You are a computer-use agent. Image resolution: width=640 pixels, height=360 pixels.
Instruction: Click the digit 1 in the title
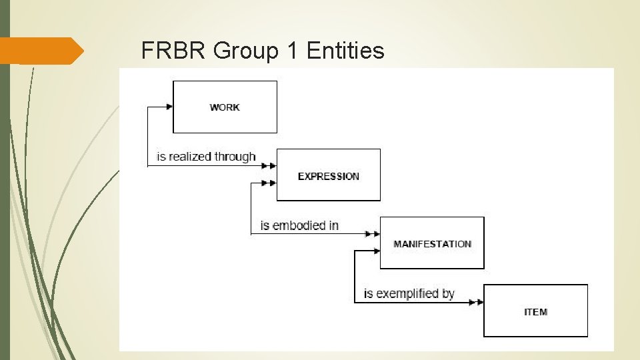pyautogui.click(x=291, y=50)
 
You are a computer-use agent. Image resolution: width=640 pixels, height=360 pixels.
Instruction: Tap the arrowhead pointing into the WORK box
pyautogui.click(x=169, y=106)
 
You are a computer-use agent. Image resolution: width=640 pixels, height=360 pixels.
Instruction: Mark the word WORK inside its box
pyautogui.click(x=225, y=107)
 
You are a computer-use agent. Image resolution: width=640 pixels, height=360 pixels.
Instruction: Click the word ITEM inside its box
pyautogui.click(x=535, y=311)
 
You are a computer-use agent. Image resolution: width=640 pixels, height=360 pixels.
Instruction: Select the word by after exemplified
pyautogui.click(x=448, y=293)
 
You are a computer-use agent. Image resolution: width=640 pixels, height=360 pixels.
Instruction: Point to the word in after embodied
pyautogui.click(x=333, y=225)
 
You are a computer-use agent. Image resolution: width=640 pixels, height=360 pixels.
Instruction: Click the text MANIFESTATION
pyautogui.click(x=432, y=244)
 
